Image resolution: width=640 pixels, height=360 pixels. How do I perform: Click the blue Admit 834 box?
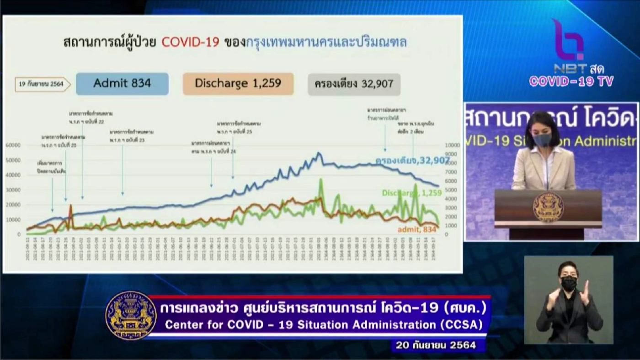122,84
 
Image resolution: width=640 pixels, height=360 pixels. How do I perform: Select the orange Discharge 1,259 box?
238,84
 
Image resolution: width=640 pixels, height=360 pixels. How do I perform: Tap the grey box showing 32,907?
354,84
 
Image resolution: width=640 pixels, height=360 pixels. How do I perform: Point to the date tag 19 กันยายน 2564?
42,85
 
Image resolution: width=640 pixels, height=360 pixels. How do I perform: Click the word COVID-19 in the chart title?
191,42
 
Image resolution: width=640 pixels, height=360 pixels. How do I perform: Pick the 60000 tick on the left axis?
13,145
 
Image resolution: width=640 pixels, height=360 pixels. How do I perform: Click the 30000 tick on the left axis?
13,190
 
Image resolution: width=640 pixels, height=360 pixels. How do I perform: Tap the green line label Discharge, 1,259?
411,193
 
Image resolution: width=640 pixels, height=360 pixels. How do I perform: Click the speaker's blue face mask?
543,139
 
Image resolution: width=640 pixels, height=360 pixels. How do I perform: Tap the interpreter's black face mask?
568,283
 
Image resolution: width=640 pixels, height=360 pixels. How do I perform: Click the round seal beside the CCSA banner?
131,315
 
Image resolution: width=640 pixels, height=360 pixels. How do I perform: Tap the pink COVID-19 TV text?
571,81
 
